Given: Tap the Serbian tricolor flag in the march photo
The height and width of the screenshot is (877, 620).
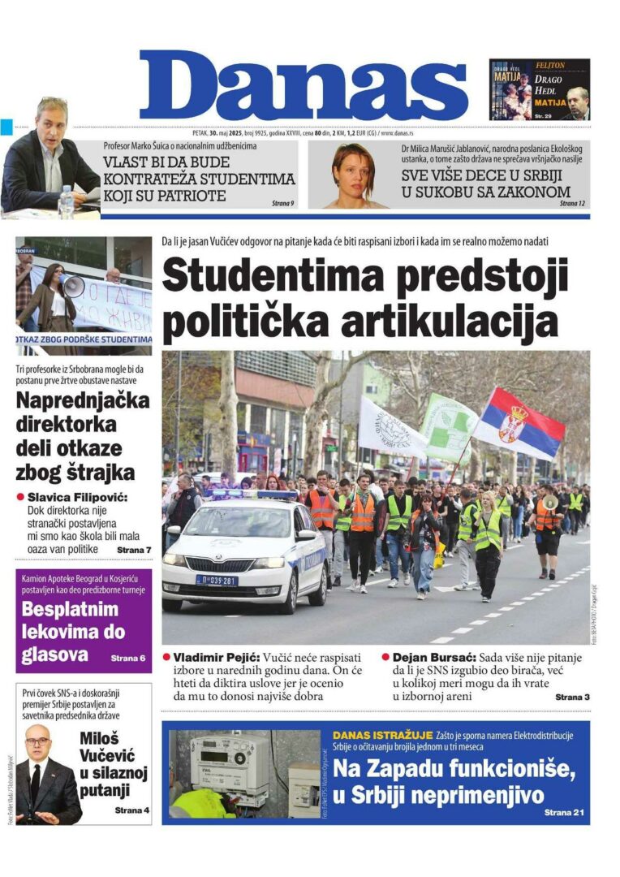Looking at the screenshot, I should tap(519, 423).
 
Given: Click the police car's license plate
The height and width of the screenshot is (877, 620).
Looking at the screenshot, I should tap(216, 580).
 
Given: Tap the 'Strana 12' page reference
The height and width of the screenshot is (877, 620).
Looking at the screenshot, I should tap(572, 203).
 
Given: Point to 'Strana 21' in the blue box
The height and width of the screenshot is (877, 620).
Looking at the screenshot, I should tap(564, 812).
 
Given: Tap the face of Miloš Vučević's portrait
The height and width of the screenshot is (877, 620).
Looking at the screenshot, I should tap(37, 743).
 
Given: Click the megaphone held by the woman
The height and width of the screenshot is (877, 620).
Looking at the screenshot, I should tap(73, 285).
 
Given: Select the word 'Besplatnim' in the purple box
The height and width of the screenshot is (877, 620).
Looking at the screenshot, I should tap(70, 610).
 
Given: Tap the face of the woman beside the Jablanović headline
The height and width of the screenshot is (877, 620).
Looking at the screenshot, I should tap(352, 169).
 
